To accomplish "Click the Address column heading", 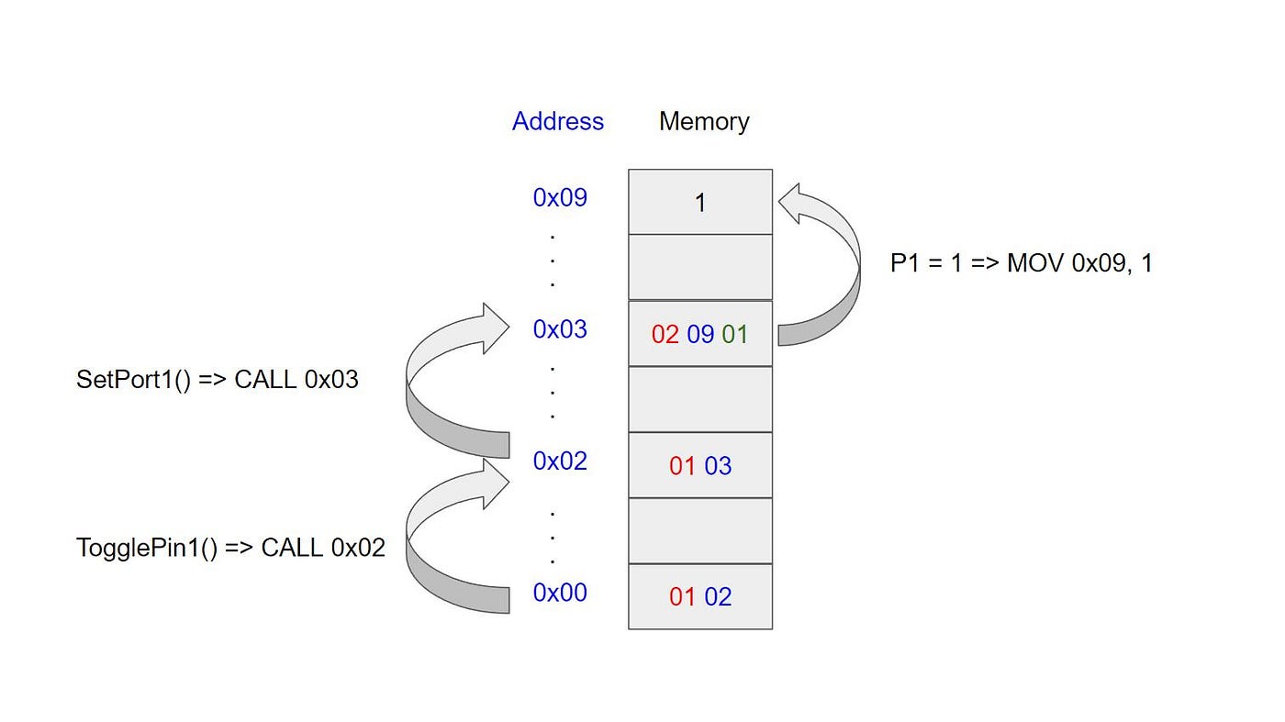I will (558, 121).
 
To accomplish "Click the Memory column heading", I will (704, 121).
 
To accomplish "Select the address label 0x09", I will (560, 197).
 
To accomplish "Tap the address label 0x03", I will (560, 328).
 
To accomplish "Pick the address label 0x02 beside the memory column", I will (560, 461).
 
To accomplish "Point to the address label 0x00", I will (560, 593).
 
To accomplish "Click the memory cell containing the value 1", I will (700, 203).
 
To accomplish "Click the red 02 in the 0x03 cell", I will (665, 334).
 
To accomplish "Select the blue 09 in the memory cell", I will (700, 334).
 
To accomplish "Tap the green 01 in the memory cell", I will (735, 334).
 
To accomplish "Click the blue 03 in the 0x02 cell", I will (718, 466).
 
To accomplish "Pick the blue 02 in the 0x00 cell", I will (718, 597).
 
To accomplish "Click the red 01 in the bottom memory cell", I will (682, 597).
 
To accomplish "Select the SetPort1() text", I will (133, 380).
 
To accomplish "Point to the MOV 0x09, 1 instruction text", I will (1079, 263).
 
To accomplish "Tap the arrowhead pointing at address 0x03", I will (491, 326).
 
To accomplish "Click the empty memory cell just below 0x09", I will (700, 267).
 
